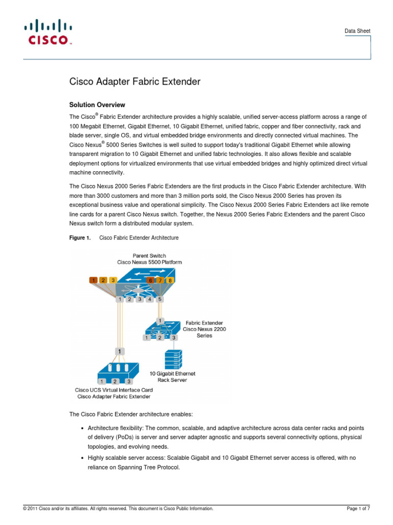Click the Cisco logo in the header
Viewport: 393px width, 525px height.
coord(48,32)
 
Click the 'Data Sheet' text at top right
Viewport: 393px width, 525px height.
coord(358,31)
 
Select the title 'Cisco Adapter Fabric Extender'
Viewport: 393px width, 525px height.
coord(135,82)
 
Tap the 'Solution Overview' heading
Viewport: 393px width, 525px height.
coord(97,105)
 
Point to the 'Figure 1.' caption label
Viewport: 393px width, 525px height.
coord(80,238)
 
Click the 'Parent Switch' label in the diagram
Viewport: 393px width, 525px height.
coord(149,255)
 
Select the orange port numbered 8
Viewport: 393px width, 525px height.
coord(170,280)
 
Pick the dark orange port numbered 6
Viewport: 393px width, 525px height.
coord(150,280)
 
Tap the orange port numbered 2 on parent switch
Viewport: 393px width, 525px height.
coord(103,280)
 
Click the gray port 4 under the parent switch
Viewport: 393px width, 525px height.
coord(149,299)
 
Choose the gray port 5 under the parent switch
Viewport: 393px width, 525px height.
coord(160,299)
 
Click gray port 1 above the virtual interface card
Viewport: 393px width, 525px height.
coord(120,351)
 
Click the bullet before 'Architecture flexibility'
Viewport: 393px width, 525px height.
coord(83,428)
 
